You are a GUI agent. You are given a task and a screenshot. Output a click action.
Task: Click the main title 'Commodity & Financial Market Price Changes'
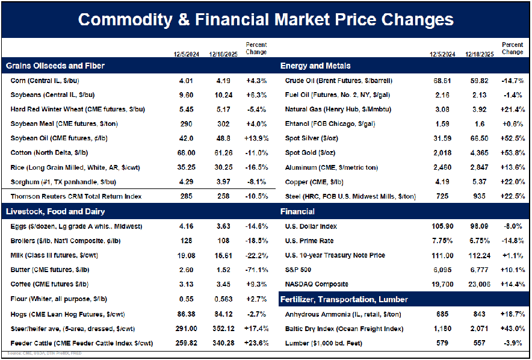pyautogui.click(x=265, y=19)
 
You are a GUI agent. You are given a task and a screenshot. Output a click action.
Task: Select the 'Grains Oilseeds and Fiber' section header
pyautogui.click(x=55, y=65)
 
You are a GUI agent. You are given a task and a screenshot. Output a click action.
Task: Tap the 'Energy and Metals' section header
pyautogui.click(x=315, y=65)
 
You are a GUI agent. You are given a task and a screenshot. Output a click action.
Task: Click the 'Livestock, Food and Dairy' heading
pyautogui.click(x=55, y=211)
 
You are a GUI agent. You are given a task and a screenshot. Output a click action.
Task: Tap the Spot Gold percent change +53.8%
pyautogui.click(x=513, y=153)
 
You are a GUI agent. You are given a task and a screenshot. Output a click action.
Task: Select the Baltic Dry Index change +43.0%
pyautogui.click(x=513, y=329)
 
